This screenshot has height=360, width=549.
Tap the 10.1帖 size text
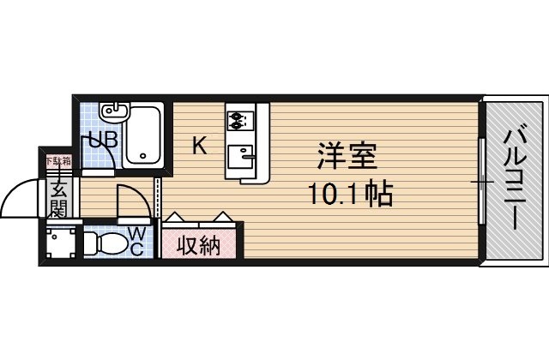tap(350, 195)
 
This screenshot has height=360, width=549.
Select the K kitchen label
tap(198, 146)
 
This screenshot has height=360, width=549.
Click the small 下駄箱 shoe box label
tap(58, 160)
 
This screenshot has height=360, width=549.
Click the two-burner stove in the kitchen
tap(238, 118)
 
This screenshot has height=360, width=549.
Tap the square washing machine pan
tap(61, 243)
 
